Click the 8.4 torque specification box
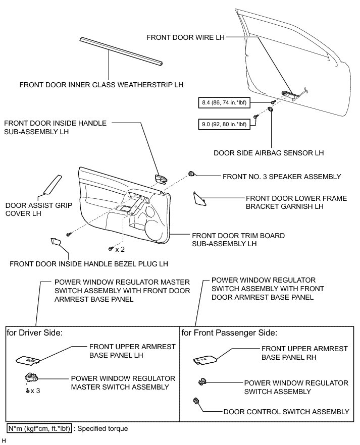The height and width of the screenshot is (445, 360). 222,103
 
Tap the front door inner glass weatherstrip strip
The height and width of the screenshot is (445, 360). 121,50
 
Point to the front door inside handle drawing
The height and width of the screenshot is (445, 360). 161,178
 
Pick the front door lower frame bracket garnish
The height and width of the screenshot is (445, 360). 200,198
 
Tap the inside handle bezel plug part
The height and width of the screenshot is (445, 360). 56,244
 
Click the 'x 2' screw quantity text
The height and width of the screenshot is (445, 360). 120,249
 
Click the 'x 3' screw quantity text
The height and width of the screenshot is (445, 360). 35,391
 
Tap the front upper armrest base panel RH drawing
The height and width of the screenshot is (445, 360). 205,359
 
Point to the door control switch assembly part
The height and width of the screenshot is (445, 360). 196,402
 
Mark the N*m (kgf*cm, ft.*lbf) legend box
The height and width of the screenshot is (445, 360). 39,428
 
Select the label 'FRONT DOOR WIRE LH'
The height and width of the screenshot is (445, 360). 185,37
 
